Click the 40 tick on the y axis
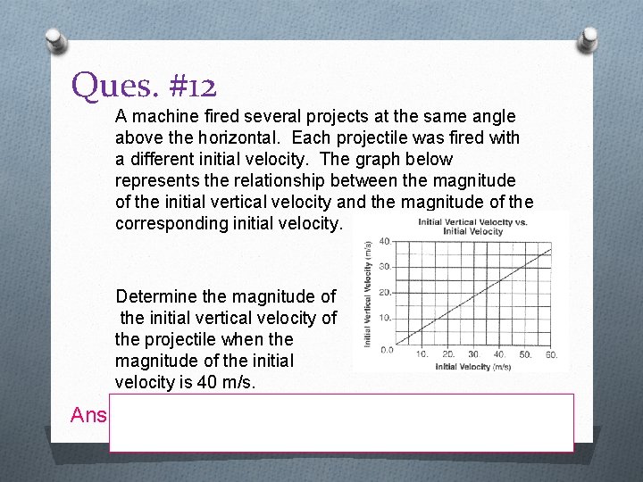pos(384,241)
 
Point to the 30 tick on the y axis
pos(384,266)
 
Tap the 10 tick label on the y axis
pos(384,319)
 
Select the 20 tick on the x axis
pos(448,355)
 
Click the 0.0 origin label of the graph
pos(386,349)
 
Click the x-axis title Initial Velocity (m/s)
pos(473,367)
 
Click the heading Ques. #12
pos(145,86)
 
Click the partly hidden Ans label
pos(88,415)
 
